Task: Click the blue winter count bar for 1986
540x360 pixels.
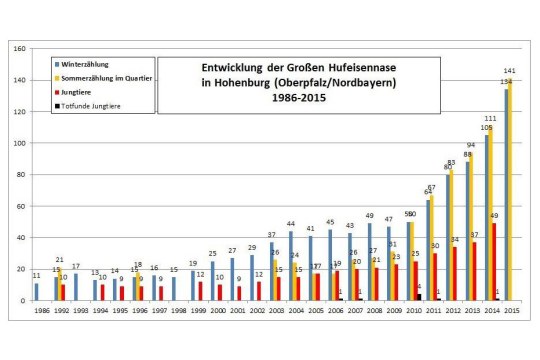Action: click(x=37, y=291)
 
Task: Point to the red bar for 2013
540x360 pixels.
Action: click(x=474, y=271)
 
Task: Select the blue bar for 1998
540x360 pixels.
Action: click(x=174, y=289)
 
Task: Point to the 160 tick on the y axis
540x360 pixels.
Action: click(x=20, y=49)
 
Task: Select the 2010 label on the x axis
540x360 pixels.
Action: click(x=409, y=311)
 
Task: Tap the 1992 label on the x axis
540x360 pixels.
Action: click(x=61, y=311)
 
